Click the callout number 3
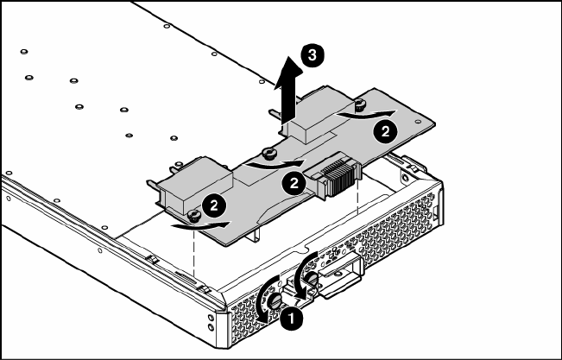(x=313, y=55)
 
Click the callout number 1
(x=292, y=318)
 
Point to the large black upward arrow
(x=288, y=90)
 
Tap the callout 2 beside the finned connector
(x=294, y=183)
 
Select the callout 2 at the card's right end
(x=385, y=131)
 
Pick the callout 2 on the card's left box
(x=214, y=205)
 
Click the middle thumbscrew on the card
(x=268, y=153)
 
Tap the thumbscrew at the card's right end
(x=360, y=104)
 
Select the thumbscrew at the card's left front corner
(x=194, y=216)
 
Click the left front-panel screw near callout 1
(x=275, y=301)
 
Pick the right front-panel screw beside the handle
(x=313, y=279)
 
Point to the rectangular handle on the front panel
(x=340, y=275)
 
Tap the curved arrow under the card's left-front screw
(x=200, y=225)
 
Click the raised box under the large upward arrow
(x=321, y=118)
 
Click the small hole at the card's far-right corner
(x=418, y=122)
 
